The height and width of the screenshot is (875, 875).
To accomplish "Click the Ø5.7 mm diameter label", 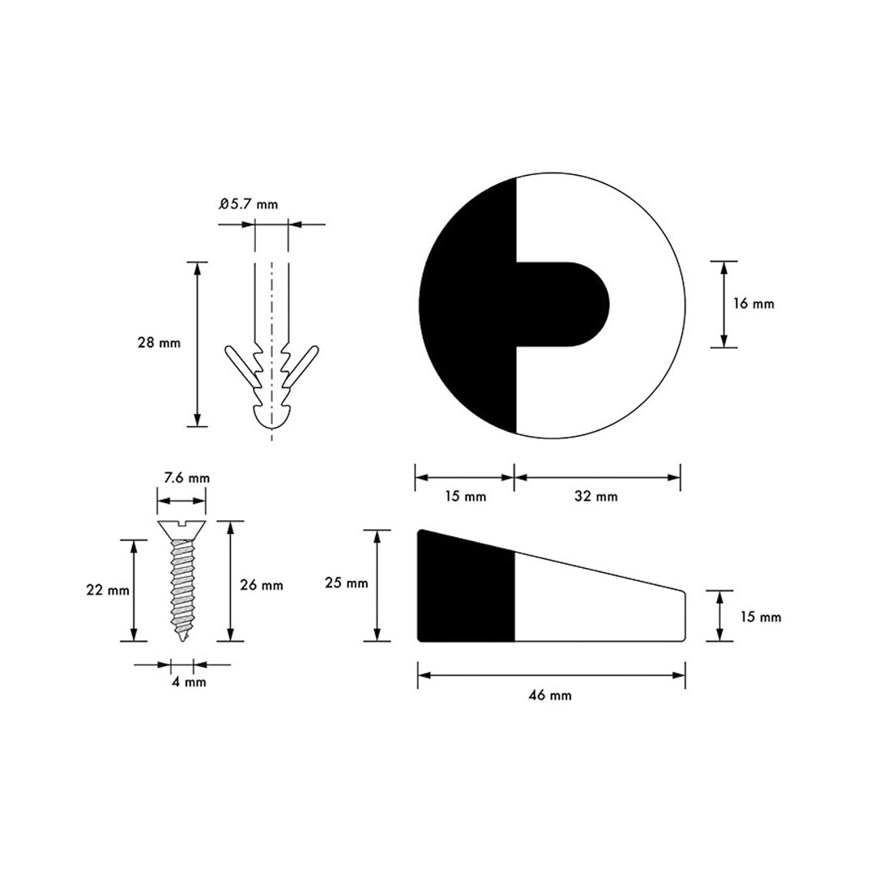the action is pos(249,204).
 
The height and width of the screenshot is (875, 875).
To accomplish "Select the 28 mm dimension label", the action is pos(159,343).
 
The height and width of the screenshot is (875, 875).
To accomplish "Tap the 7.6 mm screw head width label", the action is pos(187,478).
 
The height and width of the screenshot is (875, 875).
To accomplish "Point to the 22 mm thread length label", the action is pos(108,590).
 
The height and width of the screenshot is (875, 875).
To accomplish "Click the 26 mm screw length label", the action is pos(261,586).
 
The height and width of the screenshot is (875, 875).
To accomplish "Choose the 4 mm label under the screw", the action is pos(189,682).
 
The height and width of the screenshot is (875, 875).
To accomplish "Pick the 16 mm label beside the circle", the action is pos(753,304).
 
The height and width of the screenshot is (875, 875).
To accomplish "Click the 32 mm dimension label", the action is pos(596,496).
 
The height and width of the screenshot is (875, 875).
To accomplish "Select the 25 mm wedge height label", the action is pos(347,583).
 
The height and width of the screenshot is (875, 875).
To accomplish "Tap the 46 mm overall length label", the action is pos(549,695).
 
